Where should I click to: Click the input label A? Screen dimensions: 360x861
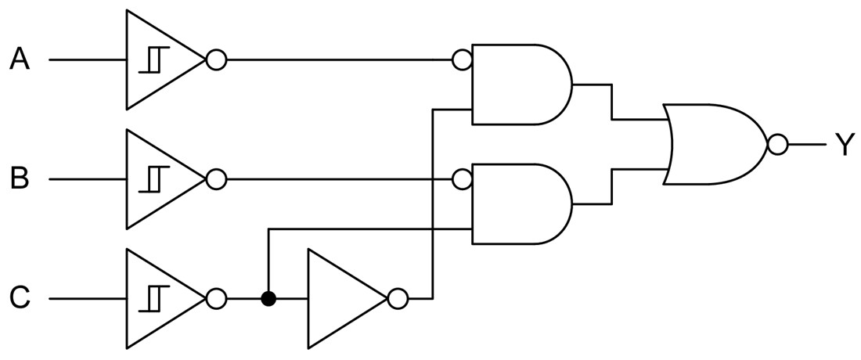(x=20, y=59)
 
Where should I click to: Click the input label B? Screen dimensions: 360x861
(x=20, y=179)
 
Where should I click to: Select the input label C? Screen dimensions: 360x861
(x=20, y=298)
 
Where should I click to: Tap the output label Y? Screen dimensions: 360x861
(x=843, y=145)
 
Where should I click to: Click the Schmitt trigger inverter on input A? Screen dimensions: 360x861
(x=160, y=59)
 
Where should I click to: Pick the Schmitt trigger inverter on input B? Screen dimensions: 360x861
(x=160, y=179)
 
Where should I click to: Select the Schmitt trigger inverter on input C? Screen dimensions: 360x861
(x=160, y=298)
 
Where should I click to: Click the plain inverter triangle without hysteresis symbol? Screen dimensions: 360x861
(x=340, y=298)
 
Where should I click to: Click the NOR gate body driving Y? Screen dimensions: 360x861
(x=712, y=145)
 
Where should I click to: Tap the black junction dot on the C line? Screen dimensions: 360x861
(x=268, y=299)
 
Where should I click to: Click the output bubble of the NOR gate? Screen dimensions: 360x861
(x=777, y=145)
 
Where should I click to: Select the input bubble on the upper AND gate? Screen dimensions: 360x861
(x=462, y=59)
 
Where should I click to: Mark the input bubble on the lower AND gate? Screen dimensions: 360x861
(x=462, y=179)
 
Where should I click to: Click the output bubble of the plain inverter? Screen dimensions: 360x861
(x=398, y=298)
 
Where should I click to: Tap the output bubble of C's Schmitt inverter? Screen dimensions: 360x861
(x=216, y=298)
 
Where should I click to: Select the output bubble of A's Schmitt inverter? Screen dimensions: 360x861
(x=216, y=59)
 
